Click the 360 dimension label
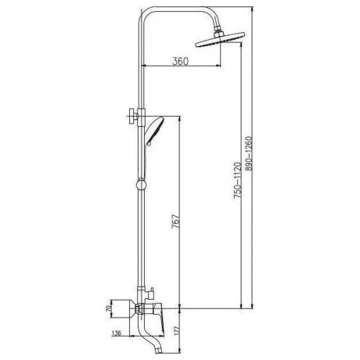(x=180, y=61)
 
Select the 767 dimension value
(x=175, y=221)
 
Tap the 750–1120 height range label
(x=237, y=180)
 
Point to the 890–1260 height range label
(x=249, y=153)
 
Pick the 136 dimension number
(x=116, y=333)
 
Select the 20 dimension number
(x=108, y=308)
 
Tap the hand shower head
(x=155, y=131)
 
